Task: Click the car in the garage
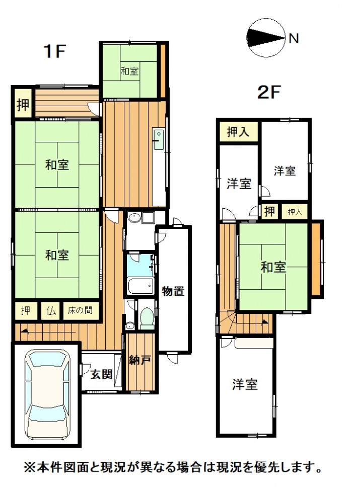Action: click(47, 395)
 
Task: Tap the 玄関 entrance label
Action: click(101, 374)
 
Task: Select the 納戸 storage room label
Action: click(139, 360)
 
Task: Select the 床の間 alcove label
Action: click(80, 310)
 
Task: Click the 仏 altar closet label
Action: click(51, 310)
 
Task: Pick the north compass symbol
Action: click(266, 38)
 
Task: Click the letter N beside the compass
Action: click(294, 39)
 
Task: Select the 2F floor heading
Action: click(269, 93)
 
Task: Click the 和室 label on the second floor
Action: click(273, 267)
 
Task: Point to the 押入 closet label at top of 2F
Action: click(238, 131)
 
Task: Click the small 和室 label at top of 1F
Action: click(129, 71)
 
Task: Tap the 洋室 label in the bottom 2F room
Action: click(245, 384)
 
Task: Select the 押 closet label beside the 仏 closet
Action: click(26, 310)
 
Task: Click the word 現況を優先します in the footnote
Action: click(269, 467)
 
